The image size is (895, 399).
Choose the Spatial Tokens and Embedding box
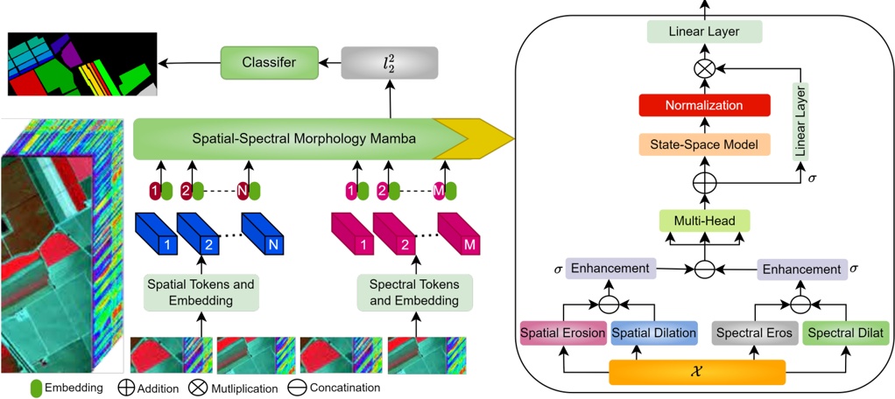pyautogui.click(x=202, y=291)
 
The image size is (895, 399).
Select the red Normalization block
pyautogui.click(x=703, y=105)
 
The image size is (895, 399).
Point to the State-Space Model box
pyautogui.click(x=703, y=143)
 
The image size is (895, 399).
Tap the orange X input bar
pyautogui.click(x=696, y=371)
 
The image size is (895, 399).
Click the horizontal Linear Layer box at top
pyautogui.click(x=704, y=31)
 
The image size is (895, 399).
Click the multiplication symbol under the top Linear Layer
pyautogui.click(x=703, y=67)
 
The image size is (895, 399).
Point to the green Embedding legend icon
pyautogui.click(x=35, y=387)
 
